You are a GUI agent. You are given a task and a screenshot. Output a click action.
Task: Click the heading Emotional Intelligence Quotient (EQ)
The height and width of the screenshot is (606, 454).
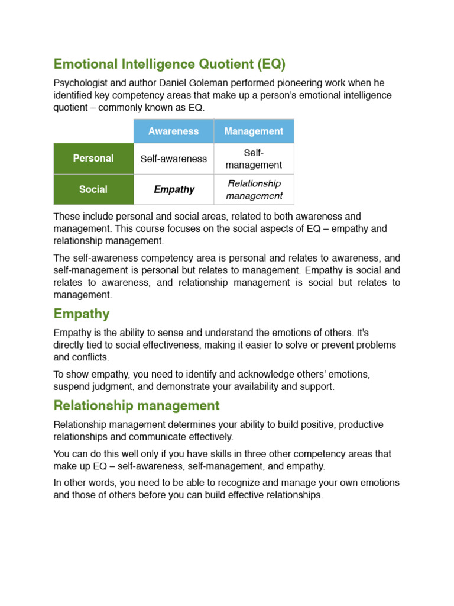pyautogui.click(x=169, y=63)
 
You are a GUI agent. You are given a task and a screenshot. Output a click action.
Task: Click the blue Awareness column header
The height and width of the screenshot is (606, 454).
pyautogui.click(x=173, y=131)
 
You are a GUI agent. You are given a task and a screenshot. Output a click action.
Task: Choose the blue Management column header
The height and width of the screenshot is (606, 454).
pyautogui.click(x=254, y=131)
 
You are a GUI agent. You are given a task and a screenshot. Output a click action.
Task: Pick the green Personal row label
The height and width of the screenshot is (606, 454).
pyautogui.click(x=93, y=159)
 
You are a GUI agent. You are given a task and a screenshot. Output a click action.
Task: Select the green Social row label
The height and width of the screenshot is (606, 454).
pyautogui.click(x=93, y=189)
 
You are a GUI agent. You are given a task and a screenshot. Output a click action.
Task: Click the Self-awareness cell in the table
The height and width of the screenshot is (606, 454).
pyautogui.click(x=173, y=159)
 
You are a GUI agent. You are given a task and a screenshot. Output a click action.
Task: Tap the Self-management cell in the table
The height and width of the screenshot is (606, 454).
pyautogui.click(x=254, y=159)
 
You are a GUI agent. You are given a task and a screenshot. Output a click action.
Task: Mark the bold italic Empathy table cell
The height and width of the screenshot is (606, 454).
pyautogui.click(x=174, y=189)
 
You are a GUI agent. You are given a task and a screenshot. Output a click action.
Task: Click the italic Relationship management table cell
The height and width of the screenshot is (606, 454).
pyautogui.click(x=254, y=189)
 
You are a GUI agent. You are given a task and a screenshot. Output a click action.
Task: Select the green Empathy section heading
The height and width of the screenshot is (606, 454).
pyautogui.click(x=81, y=314)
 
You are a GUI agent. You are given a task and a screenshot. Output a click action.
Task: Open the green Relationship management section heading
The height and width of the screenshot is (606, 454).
pyautogui.click(x=136, y=405)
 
